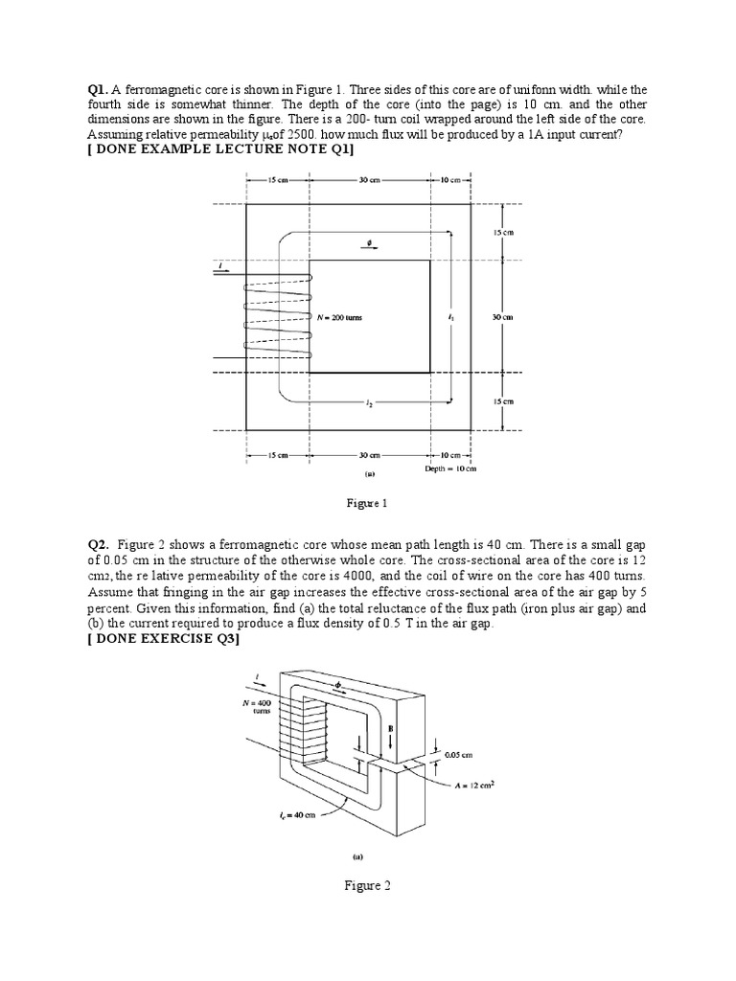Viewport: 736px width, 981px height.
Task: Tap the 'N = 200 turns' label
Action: pyautogui.click(x=341, y=316)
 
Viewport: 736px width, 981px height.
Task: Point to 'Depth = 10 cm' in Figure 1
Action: pyautogui.click(x=450, y=468)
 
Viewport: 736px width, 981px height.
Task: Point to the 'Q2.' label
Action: pyautogui.click(x=99, y=546)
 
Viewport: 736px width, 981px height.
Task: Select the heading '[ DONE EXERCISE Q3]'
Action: pyautogui.click(x=163, y=641)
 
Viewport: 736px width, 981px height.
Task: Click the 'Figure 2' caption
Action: pyautogui.click(x=367, y=886)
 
